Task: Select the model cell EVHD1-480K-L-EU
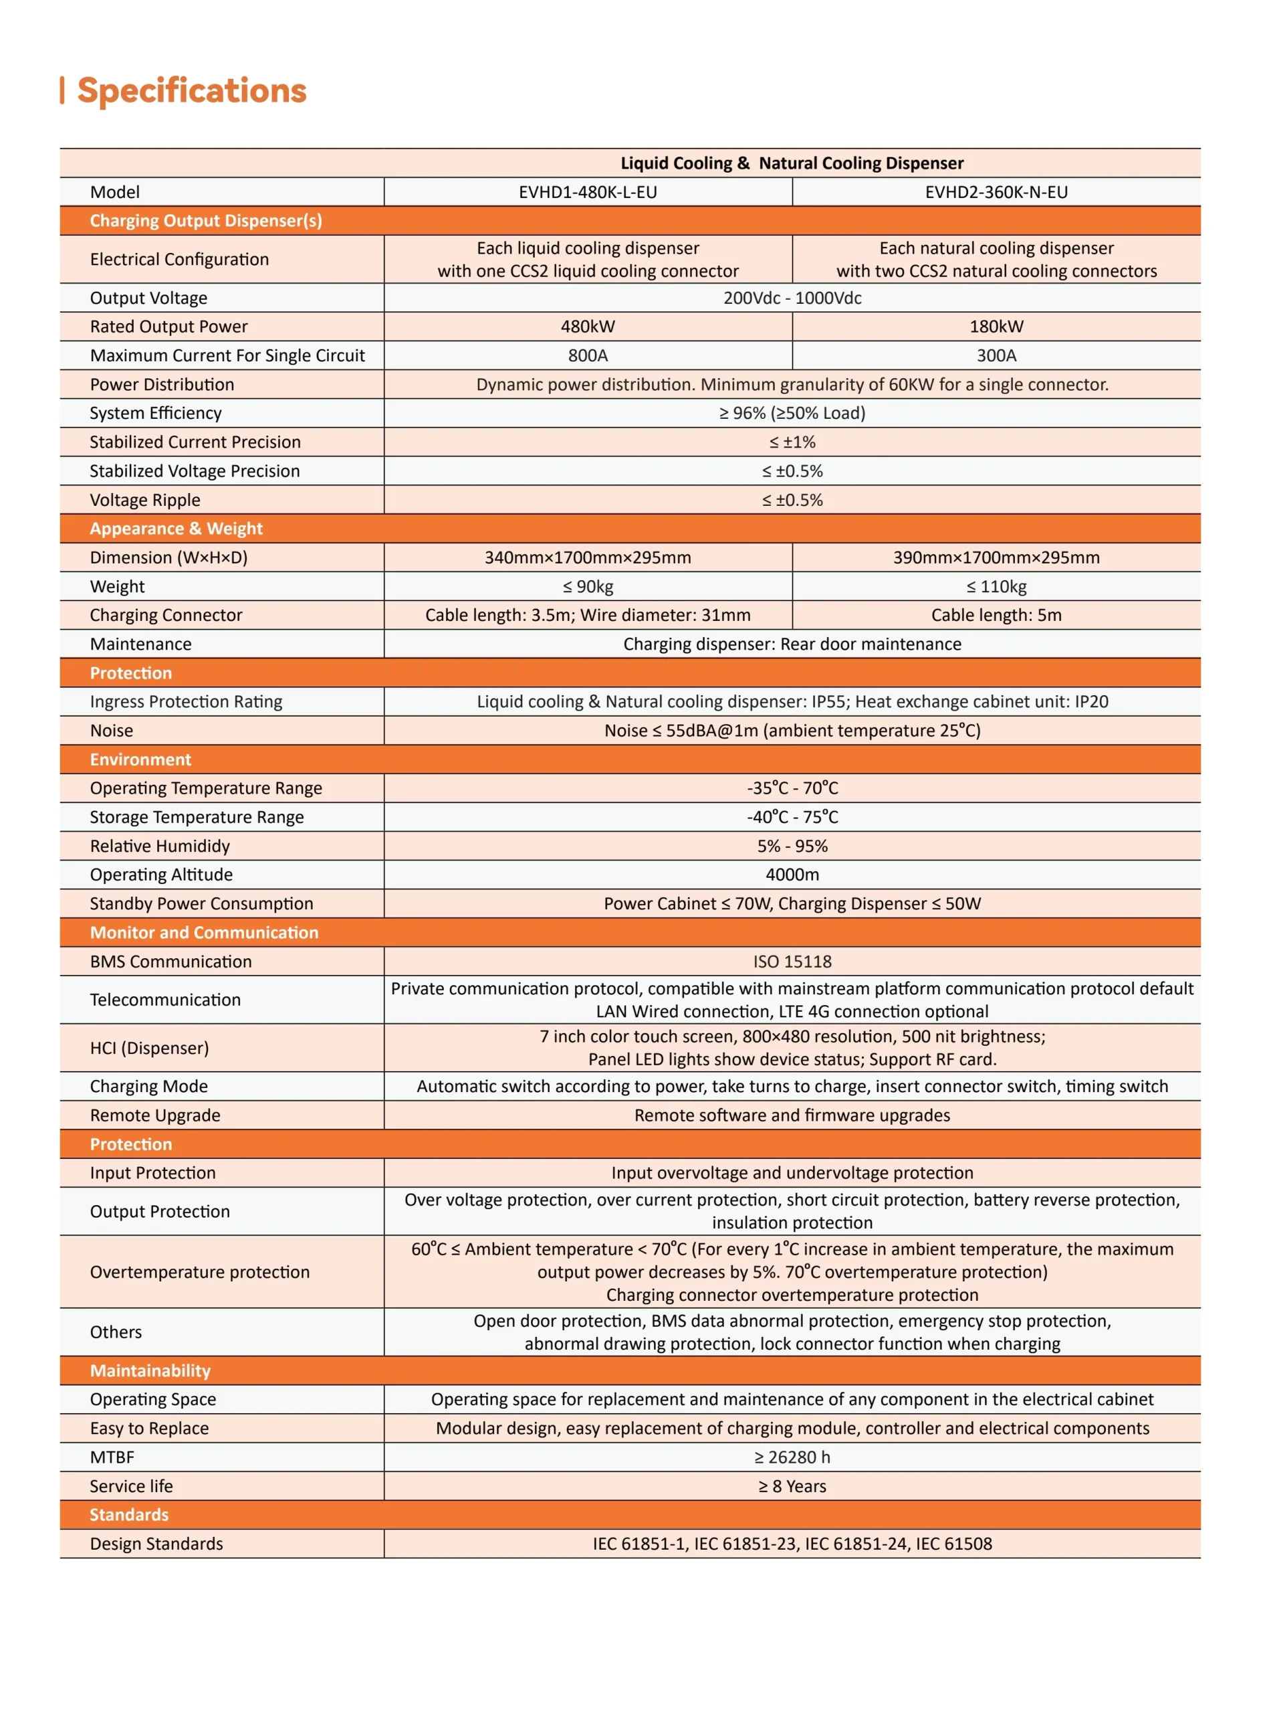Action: (588, 191)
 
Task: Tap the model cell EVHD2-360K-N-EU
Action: (996, 191)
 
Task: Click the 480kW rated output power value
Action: (588, 326)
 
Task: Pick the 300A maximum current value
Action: (996, 355)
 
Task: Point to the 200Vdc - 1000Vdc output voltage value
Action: (792, 298)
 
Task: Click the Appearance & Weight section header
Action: (177, 529)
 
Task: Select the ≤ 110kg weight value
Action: (996, 587)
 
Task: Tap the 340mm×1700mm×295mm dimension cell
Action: (588, 557)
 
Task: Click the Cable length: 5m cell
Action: (996, 615)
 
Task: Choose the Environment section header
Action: (140, 759)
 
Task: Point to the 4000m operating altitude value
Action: (792, 875)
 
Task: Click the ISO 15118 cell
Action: (792, 962)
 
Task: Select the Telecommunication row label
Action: (165, 1000)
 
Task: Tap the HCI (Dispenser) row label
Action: (150, 1048)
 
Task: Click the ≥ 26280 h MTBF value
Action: (792, 1457)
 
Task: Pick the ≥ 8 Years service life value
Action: (792, 1486)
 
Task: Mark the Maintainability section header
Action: (150, 1371)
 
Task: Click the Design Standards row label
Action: (156, 1544)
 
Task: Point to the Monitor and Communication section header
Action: (204, 933)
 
